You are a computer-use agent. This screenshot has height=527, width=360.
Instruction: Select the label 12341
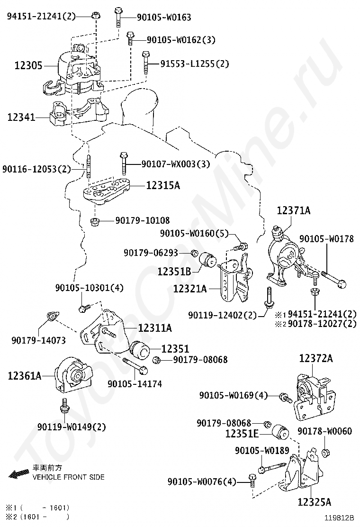pyautogui.click(x=21, y=116)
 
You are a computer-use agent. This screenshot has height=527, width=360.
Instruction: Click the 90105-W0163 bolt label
pyautogui.click(x=164, y=18)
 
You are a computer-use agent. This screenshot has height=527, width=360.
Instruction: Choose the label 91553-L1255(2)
pyautogui.click(x=194, y=63)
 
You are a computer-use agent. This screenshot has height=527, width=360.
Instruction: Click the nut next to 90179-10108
pyautogui.click(x=94, y=221)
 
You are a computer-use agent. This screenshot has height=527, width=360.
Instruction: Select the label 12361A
pyautogui.click(x=25, y=376)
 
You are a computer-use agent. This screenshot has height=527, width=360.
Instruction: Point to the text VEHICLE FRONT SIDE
pyautogui.click(x=68, y=477)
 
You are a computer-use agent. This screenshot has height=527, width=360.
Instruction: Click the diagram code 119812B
pyautogui.click(x=339, y=518)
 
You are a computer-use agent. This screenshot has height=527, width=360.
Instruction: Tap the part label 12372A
pyautogui.click(x=315, y=358)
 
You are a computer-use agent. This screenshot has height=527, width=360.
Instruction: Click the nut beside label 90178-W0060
pyautogui.click(x=325, y=452)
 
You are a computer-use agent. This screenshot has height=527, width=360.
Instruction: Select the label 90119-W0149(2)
pyautogui.click(x=72, y=427)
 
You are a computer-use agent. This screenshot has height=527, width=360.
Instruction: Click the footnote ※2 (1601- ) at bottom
pyautogui.click(x=37, y=517)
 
